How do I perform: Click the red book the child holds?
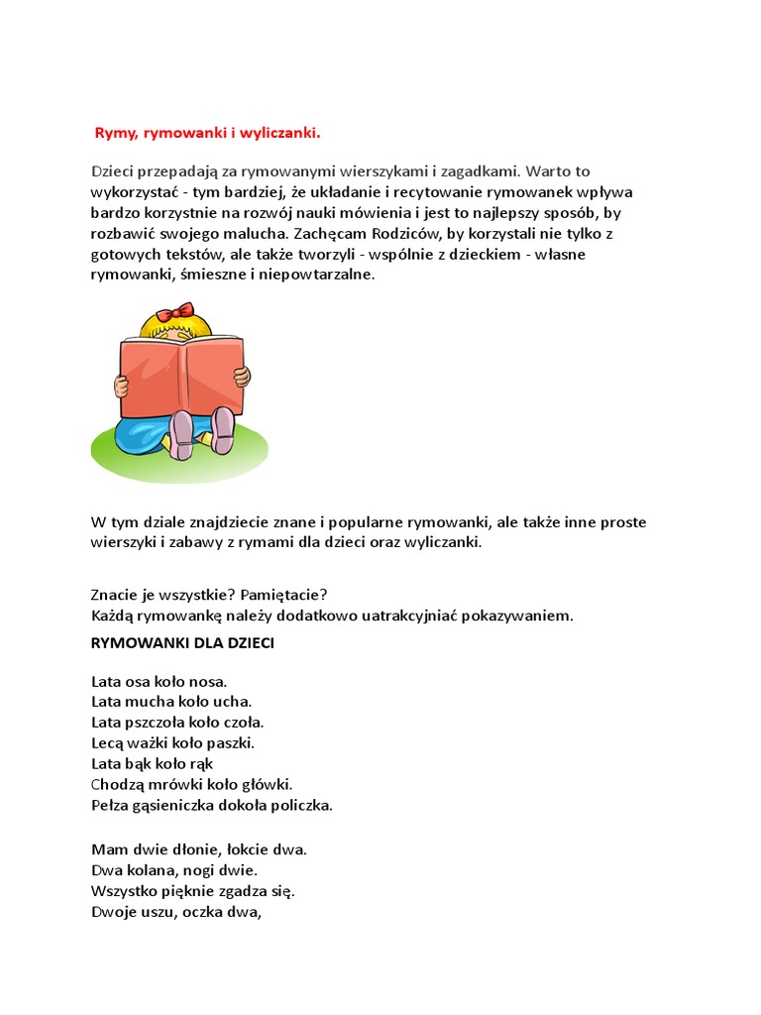click(180, 378)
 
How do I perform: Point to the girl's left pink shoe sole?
click(182, 433)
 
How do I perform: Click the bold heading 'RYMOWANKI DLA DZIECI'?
click(182, 642)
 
